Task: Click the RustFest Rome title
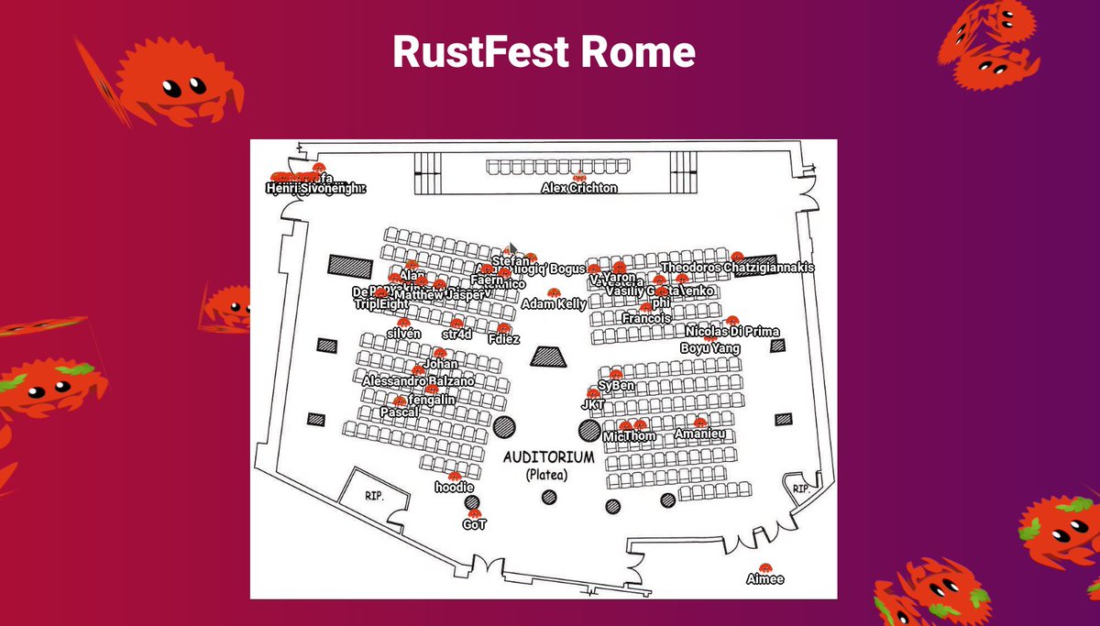pyautogui.click(x=544, y=52)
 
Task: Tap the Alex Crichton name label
pyautogui.click(x=578, y=188)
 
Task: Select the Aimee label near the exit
pyautogui.click(x=764, y=579)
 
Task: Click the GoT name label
pyautogui.click(x=474, y=525)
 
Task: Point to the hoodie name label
pyautogui.click(x=454, y=488)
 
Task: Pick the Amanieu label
pyautogui.click(x=700, y=434)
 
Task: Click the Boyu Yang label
pyautogui.click(x=709, y=348)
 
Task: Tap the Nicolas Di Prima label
pyautogui.click(x=732, y=331)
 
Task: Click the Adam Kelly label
pyautogui.click(x=554, y=303)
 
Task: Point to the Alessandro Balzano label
pyautogui.click(x=418, y=380)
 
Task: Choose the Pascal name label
pyautogui.click(x=399, y=412)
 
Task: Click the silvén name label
pyautogui.click(x=403, y=334)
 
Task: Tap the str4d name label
pyautogui.click(x=456, y=335)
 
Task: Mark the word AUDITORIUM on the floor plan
pyautogui.click(x=549, y=456)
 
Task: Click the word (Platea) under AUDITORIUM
pyautogui.click(x=547, y=475)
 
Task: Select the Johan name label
pyautogui.click(x=440, y=364)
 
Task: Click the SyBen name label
pyautogui.click(x=616, y=386)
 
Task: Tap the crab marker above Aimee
pyautogui.click(x=764, y=568)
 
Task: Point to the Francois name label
pyautogui.click(x=645, y=318)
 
